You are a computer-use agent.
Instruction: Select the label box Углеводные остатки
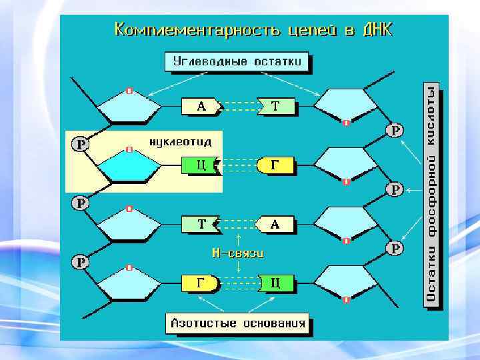pos(241,62)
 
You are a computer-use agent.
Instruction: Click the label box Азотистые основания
pos(238,323)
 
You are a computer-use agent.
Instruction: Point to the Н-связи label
pos(238,253)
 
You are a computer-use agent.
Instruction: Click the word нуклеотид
pos(179,142)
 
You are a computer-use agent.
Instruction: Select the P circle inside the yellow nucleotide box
pos(81,144)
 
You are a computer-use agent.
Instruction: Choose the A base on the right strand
pos(274,225)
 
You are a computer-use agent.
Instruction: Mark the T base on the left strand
pos(201,225)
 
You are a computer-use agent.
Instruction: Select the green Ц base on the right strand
pos(275,283)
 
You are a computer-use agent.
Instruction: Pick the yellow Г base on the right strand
pos(275,165)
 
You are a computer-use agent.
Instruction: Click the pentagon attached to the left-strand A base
pos(129,107)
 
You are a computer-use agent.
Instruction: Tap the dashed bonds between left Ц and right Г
pos(238,165)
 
